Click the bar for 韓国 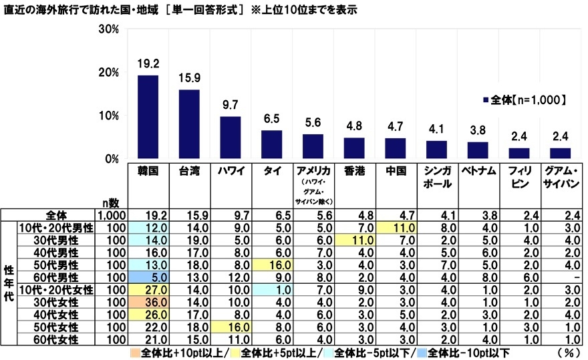(x=148, y=117)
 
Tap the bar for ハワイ (x=231, y=138)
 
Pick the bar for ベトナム (x=477, y=150)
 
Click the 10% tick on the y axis (x=108, y=116)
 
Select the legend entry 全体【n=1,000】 (x=529, y=100)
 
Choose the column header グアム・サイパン (x=561, y=176)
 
